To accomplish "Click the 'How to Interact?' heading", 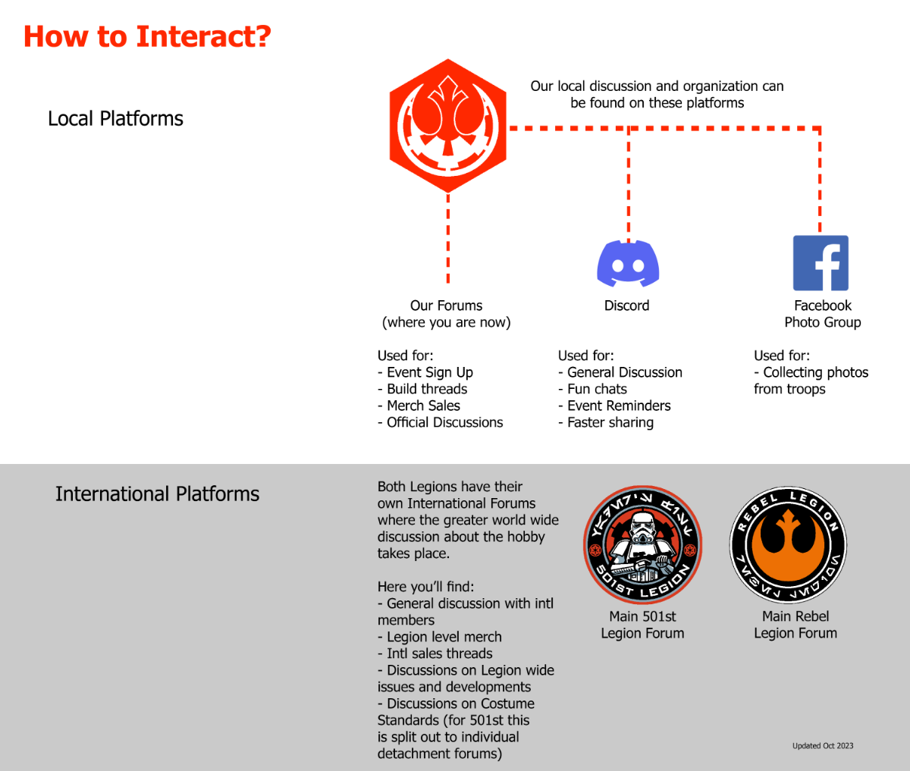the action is click(147, 36).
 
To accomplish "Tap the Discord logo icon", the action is click(628, 264).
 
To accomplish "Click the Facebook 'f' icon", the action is click(821, 263).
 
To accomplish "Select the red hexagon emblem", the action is click(447, 126).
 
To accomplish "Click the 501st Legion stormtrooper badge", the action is click(642, 545).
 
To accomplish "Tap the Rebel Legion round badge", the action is click(788, 545).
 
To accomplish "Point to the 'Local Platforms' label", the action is click(115, 119).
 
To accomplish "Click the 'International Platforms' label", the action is click(157, 494).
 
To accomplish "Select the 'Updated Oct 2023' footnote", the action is click(823, 745).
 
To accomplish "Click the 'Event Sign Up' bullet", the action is click(425, 372).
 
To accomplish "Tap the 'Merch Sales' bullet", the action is click(419, 406).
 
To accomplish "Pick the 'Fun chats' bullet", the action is click(592, 389).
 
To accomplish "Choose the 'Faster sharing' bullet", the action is click(606, 422).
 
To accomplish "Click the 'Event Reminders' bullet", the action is click(614, 406).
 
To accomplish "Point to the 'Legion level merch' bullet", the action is click(440, 637).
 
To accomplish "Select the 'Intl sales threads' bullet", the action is click(435, 653).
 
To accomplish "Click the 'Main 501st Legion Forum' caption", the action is click(642, 625).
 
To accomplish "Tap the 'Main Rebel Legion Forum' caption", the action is click(795, 625).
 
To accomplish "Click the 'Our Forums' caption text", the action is click(446, 306).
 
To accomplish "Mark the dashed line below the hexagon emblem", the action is click(447, 238).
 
